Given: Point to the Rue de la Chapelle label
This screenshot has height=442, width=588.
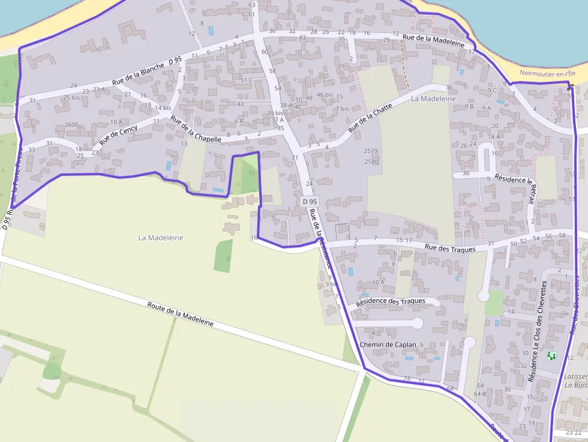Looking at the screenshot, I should point(196,130).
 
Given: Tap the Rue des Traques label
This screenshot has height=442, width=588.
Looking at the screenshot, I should point(450,248).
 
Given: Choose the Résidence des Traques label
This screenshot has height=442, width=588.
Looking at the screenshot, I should point(391,301).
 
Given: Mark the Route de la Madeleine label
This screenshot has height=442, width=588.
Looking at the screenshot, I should point(180,314).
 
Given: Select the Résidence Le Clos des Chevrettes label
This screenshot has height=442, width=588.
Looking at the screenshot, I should point(538,331).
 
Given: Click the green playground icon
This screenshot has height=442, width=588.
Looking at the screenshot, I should point(551,356).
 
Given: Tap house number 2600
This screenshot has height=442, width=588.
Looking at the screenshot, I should point(71,125).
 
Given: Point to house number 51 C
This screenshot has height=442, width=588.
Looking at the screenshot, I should point(247,80).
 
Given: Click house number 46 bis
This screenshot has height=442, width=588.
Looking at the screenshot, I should point(325,95).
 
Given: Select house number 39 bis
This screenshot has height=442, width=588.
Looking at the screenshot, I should point(275,113).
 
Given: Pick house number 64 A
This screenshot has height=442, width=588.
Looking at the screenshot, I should point(480,394).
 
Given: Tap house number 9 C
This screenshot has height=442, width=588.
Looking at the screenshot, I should point(493,90).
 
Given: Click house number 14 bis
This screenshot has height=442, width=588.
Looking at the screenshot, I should point(163,108).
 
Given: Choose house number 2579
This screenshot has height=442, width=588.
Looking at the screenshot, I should point(371,151).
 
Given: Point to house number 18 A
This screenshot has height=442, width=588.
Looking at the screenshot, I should point(494,137).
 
